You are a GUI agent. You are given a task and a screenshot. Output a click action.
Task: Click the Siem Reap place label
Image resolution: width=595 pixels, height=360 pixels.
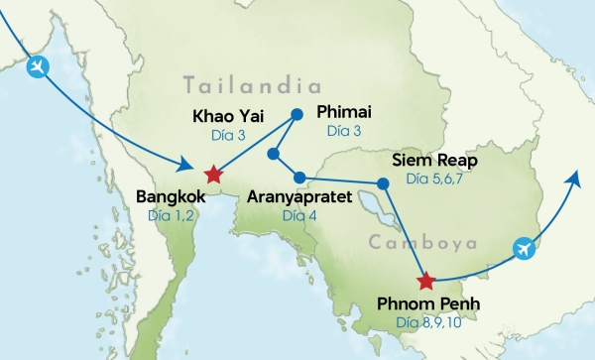point(434,161)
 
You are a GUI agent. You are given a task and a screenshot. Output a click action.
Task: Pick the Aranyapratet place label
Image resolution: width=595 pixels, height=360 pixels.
point(299,196)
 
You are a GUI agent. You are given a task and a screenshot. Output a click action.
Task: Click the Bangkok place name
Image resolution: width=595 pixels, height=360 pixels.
point(171,196)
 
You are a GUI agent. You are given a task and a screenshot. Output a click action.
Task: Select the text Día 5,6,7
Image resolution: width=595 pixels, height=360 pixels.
point(434,180)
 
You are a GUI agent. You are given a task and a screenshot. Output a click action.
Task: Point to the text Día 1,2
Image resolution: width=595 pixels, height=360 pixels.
point(171,215)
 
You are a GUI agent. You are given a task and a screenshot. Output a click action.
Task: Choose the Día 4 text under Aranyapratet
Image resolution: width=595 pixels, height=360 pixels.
point(298,215)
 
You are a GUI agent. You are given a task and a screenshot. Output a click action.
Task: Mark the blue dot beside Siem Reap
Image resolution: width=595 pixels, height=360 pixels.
point(383,183)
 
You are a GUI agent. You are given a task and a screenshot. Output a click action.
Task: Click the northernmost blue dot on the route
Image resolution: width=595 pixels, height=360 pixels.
point(296,114)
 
